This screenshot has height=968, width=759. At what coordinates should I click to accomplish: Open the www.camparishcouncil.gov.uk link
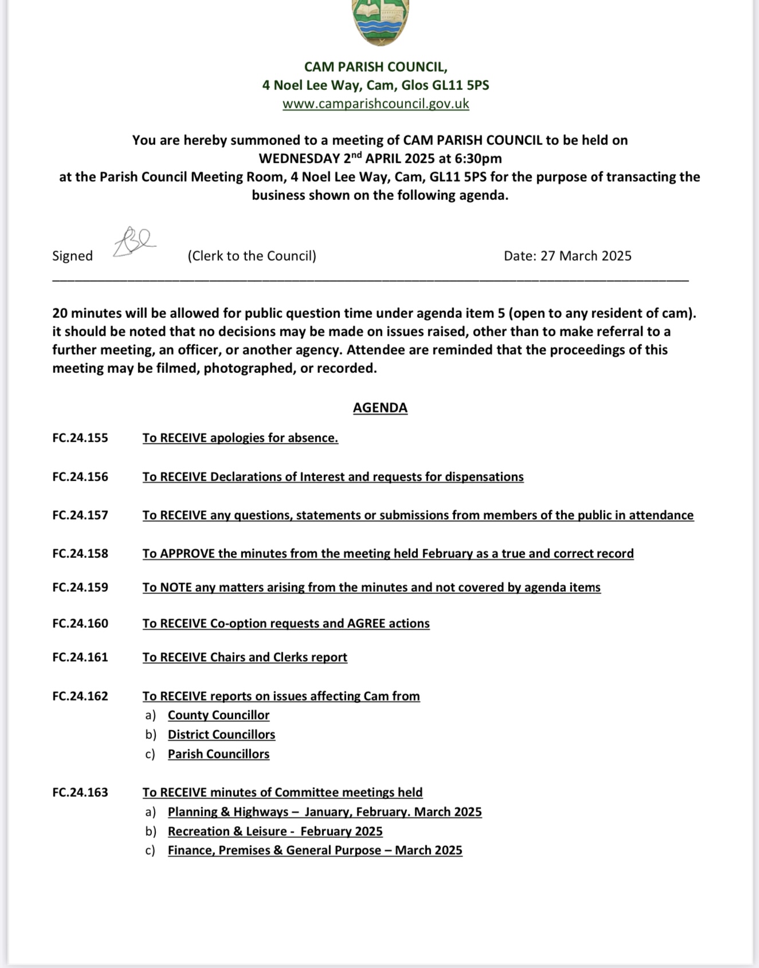pyautogui.click(x=375, y=104)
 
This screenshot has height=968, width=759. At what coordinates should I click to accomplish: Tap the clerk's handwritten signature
pyautogui.click(x=134, y=242)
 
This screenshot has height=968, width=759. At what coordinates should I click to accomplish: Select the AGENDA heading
pyautogui.click(x=380, y=408)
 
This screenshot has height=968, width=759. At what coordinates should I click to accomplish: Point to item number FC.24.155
pyautogui.click(x=80, y=438)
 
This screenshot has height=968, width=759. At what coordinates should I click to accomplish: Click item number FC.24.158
pyautogui.click(x=80, y=554)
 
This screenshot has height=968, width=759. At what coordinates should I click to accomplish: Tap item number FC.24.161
pyautogui.click(x=80, y=658)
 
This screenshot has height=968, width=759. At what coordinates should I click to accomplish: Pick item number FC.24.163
pyautogui.click(x=80, y=793)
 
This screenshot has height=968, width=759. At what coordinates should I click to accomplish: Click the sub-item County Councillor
pyautogui.click(x=218, y=715)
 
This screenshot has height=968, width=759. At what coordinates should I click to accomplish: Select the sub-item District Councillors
pyautogui.click(x=221, y=735)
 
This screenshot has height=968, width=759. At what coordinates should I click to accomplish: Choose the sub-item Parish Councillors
pyautogui.click(x=218, y=754)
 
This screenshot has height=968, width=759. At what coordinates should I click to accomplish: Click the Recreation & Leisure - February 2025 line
pyautogui.click(x=275, y=832)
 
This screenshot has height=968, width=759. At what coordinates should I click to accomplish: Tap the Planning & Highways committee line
pyautogui.click(x=324, y=812)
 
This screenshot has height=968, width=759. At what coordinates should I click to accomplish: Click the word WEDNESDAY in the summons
pyautogui.click(x=299, y=159)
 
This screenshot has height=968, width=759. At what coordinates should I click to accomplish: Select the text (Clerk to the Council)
pyautogui.click(x=252, y=256)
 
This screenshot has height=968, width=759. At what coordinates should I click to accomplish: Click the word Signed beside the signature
pyautogui.click(x=72, y=256)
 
